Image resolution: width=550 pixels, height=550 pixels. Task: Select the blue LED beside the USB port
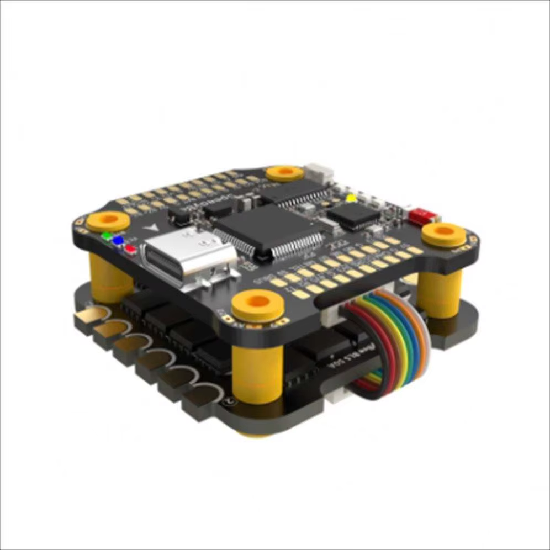118,241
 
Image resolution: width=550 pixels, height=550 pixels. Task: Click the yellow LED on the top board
350,198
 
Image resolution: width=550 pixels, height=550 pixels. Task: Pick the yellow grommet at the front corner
257,305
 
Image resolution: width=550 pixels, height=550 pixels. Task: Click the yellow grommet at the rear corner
284,173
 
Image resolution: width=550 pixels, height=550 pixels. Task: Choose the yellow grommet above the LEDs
108,221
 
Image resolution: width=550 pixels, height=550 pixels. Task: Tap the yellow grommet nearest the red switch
443,234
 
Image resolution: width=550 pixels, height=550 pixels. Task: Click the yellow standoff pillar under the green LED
109,276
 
